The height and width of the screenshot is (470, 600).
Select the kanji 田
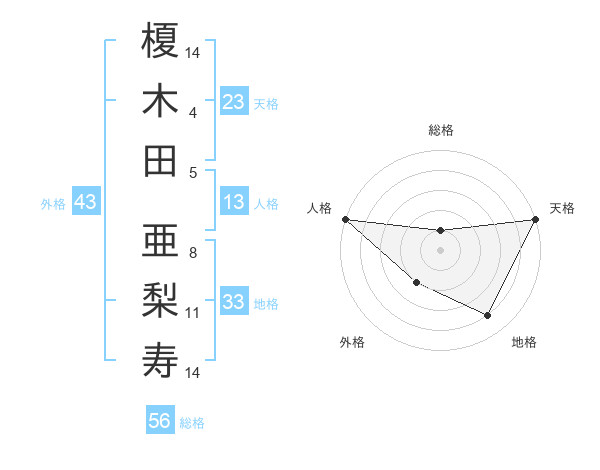[x=161, y=160]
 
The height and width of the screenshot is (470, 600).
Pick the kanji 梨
[x=161, y=300]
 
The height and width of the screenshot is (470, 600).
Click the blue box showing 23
[x=234, y=101]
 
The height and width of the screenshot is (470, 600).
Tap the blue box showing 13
[x=234, y=202]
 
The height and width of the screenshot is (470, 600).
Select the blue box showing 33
[x=234, y=302]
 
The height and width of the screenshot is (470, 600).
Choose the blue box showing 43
[x=86, y=202]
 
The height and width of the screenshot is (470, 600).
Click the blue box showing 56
[x=160, y=421]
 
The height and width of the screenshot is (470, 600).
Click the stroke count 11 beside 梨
[x=193, y=313]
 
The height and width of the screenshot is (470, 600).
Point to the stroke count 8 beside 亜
[x=193, y=252]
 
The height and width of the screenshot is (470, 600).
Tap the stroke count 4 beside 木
[x=193, y=112]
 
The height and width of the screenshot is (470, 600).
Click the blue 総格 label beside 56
[x=192, y=423]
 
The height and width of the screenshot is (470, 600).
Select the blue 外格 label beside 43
[x=53, y=203]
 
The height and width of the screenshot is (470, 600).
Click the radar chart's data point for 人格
[x=345, y=219]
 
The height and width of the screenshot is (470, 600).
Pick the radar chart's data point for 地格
[x=488, y=316]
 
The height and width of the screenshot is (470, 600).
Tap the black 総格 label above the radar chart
[x=441, y=130]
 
